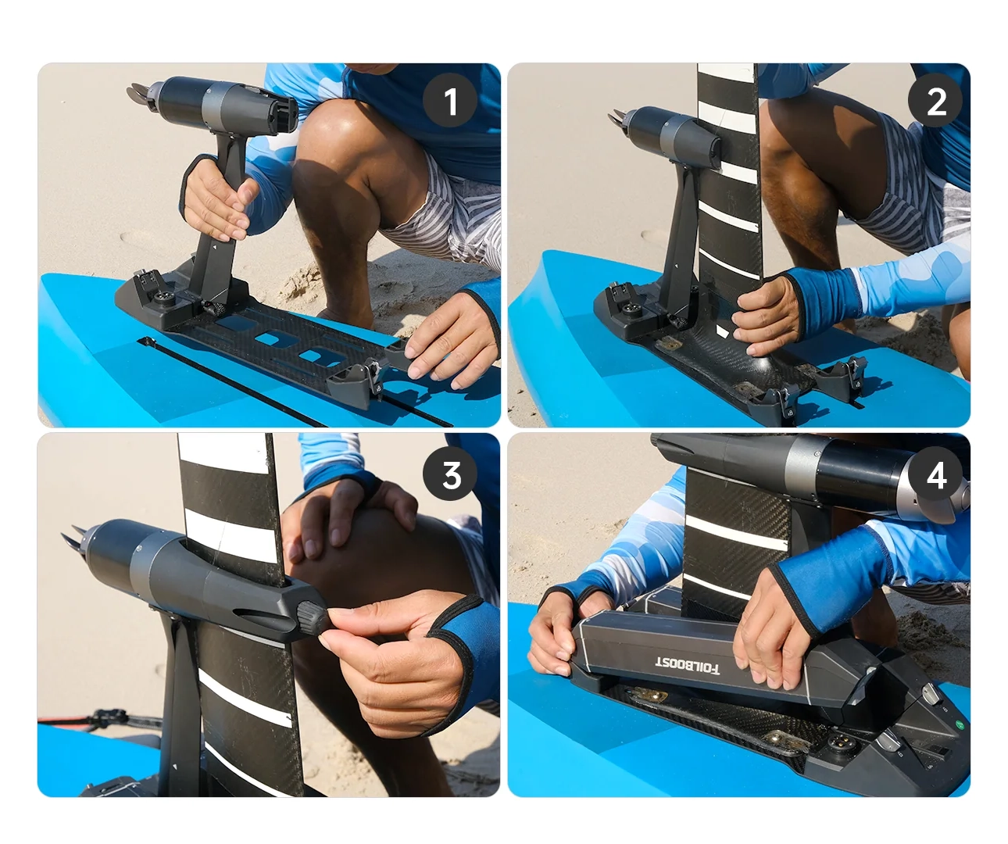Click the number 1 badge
click(450, 101)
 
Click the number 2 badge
click(935, 101)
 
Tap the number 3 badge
click(450, 473)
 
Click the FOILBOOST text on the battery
click(687, 665)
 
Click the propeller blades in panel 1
click(138, 95)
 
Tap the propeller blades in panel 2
click(617, 118)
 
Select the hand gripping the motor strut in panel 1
click(216, 198)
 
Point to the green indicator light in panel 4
click(960, 724)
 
